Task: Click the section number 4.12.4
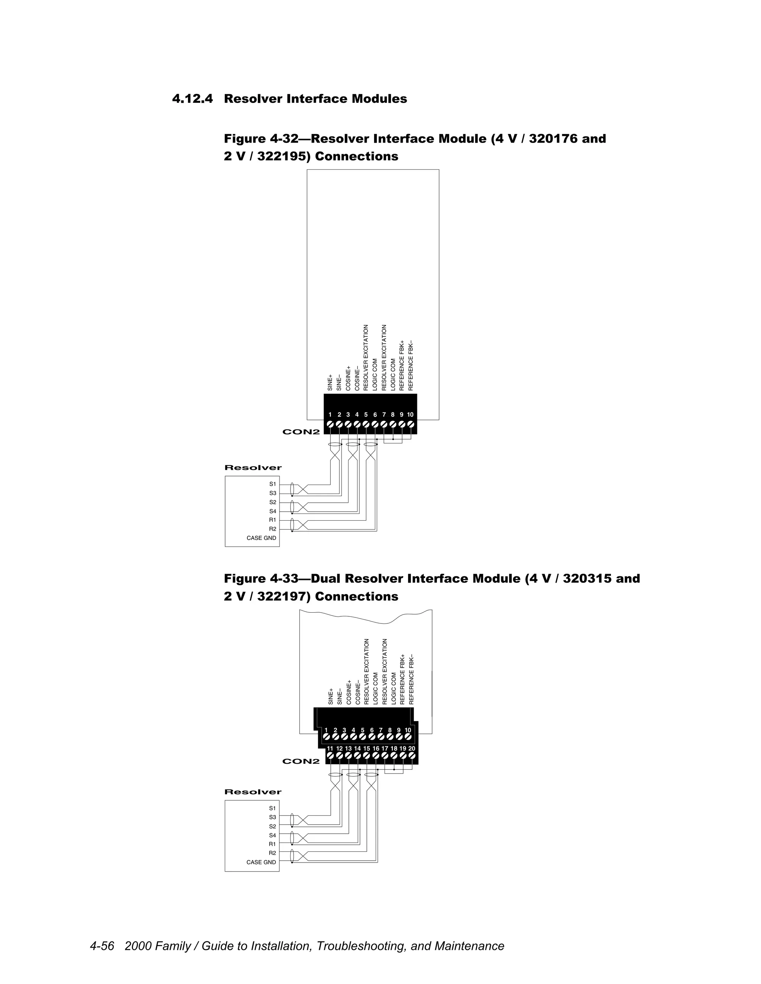192,99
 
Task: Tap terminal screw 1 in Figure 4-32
330,424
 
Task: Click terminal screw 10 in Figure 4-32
410,424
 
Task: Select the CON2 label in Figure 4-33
301,762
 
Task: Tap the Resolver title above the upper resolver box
253,467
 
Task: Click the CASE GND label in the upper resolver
262,538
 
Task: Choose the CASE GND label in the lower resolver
261,862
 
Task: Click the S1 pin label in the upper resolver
273,484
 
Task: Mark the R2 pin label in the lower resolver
272,853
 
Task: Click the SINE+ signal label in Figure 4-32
330,382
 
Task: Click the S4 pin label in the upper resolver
273,511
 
